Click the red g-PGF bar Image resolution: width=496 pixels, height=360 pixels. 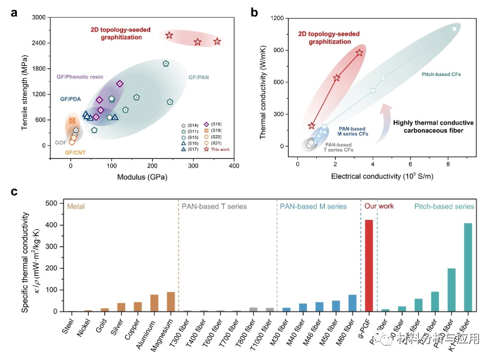tap(368, 266)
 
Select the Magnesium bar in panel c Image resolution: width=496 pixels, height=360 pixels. tap(170, 302)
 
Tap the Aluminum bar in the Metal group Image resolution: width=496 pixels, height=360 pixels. tap(154, 303)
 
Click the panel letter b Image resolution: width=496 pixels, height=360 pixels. tap(255, 11)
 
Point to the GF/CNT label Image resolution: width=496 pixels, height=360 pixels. tap(75, 153)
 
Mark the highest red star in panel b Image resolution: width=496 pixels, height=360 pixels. tap(359, 53)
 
